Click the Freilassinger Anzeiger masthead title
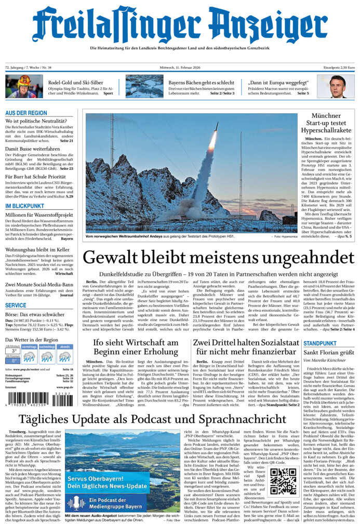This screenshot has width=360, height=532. pos(180,24)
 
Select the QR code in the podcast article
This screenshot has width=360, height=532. pos(283,481)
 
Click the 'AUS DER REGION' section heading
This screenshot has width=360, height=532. pos(26,113)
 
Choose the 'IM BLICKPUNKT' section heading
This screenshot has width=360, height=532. pos(24,206)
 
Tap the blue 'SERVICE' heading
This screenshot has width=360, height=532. pos(16,305)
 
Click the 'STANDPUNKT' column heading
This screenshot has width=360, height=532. pos(320,343)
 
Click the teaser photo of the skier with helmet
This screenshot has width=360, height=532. pos(24,86)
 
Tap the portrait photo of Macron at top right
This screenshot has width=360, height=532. pos(336,86)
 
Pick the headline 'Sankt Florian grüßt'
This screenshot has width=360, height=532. pos(325,352)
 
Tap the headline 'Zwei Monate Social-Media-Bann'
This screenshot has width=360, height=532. pos(39,285)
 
